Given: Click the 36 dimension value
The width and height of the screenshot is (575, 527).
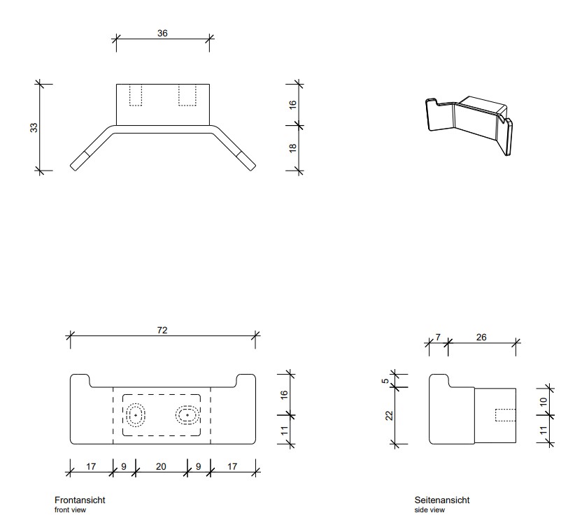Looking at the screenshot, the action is (x=162, y=34).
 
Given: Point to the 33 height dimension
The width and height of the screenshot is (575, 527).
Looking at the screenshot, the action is (x=34, y=127).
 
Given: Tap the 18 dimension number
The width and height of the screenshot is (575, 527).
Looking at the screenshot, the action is (x=292, y=147).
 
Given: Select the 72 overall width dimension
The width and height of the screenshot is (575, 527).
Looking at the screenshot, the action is (x=162, y=330).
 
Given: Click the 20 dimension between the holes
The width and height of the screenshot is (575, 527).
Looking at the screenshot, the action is (x=161, y=466).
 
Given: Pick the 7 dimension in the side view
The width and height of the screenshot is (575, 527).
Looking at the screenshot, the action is (x=438, y=337).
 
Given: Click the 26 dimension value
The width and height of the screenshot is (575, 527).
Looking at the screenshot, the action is (x=481, y=337).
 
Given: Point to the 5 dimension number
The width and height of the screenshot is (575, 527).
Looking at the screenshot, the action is (x=385, y=381).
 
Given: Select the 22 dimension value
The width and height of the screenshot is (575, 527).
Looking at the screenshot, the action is (x=389, y=416).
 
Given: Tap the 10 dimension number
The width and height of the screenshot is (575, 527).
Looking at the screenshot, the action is (x=544, y=401).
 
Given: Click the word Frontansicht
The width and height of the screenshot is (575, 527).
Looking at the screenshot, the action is (x=80, y=500).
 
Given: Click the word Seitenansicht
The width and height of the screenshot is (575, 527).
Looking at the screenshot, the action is (x=442, y=500).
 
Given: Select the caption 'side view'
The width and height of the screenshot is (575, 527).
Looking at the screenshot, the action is (x=430, y=510).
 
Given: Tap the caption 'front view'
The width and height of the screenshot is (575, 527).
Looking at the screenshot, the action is (x=70, y=510).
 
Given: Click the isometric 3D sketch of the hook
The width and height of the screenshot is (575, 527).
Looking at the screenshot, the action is (x=469, y=126).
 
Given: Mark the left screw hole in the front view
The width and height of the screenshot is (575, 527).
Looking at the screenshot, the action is (x=136, y=415).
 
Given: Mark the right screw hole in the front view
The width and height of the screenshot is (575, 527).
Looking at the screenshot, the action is (x=187, y=415).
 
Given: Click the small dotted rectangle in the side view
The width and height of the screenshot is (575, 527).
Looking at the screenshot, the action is (x=505, y=415).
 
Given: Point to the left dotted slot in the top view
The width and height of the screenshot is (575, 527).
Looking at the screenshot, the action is (x=136, y=95).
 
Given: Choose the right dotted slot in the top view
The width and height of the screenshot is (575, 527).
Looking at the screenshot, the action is (x=187, y=95).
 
